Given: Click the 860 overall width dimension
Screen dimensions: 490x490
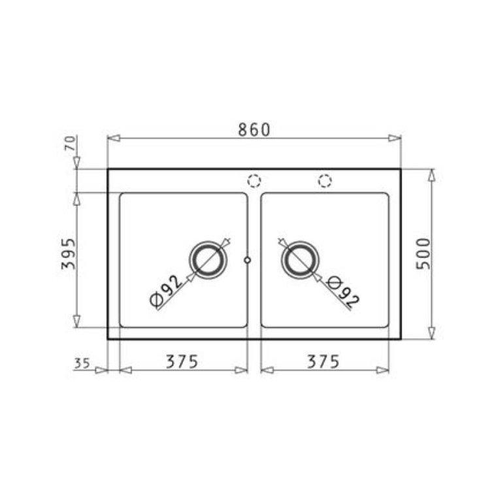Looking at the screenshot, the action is [253, 130].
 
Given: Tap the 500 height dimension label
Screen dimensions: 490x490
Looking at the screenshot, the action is [423, 253].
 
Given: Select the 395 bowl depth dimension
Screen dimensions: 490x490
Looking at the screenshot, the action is [68, 253].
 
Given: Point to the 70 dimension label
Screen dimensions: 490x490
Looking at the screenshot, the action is [71, 144].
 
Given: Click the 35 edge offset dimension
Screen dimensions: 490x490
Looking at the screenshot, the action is [82, 363].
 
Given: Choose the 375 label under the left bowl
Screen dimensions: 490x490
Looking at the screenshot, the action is [182, 361].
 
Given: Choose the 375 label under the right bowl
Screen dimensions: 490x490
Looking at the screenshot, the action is [323, 361].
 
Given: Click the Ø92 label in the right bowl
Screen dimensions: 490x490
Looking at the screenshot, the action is [342, 291].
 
